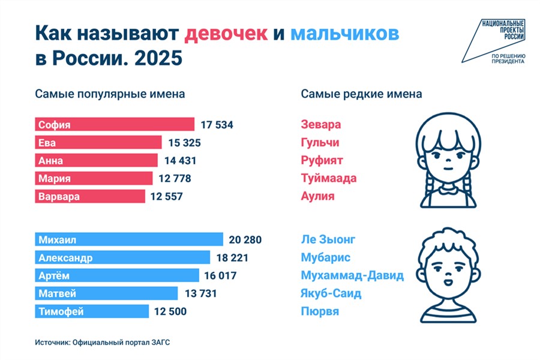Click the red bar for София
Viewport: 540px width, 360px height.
[x=114, y=125]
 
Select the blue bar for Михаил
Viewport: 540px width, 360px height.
[x=128, y=240]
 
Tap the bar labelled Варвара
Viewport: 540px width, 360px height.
[x=90, y=197]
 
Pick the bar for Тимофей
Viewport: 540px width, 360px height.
[x=91, y=311]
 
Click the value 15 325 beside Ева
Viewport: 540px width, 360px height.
[x=184, y=143]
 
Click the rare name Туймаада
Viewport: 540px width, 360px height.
[x=329, y=178]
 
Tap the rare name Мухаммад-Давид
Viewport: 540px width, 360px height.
[x=352, y=276]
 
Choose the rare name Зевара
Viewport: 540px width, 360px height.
[x=321, y=125]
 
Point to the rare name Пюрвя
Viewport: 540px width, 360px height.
[x=320, y=311]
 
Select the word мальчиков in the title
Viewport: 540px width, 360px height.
[x=344, y=34]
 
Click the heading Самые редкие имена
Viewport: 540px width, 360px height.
[x=361, y=94]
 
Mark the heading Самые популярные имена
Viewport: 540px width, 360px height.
[x=110, y=94]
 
